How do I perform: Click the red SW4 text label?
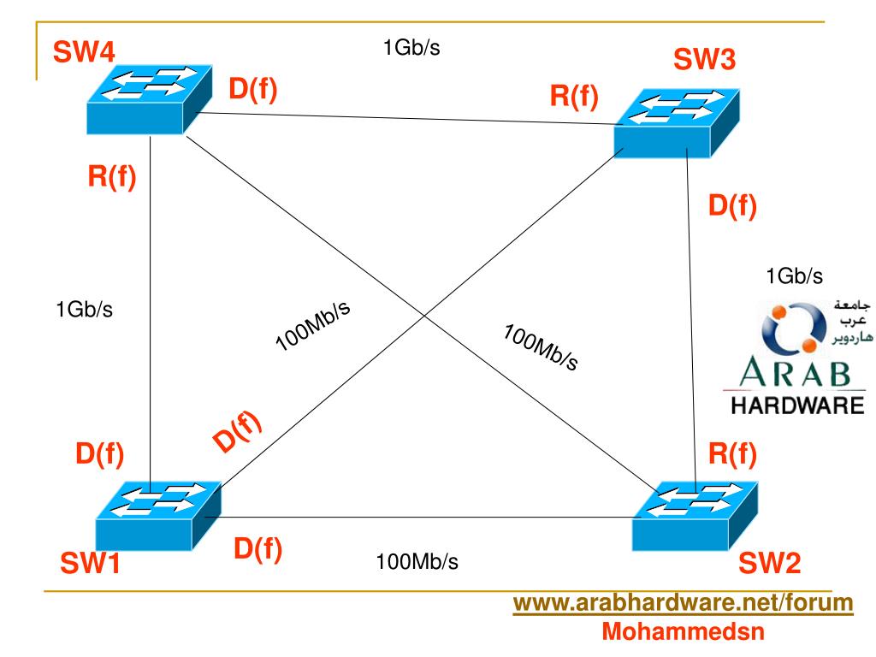click(x=85, y=53)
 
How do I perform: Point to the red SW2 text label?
click(x=769, y=563)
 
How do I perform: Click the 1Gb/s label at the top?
click(x=411, y=47)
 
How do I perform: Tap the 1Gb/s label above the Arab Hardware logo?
click(x=795, y=275)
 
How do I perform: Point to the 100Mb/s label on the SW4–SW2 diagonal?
click(x=540, y=346)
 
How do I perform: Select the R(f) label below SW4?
click(x=111, y=180)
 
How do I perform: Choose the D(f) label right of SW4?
click(x=252, y=88)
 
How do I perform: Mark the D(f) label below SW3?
click(x=732, y=206)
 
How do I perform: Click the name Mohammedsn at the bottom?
click(x=682, y=634)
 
